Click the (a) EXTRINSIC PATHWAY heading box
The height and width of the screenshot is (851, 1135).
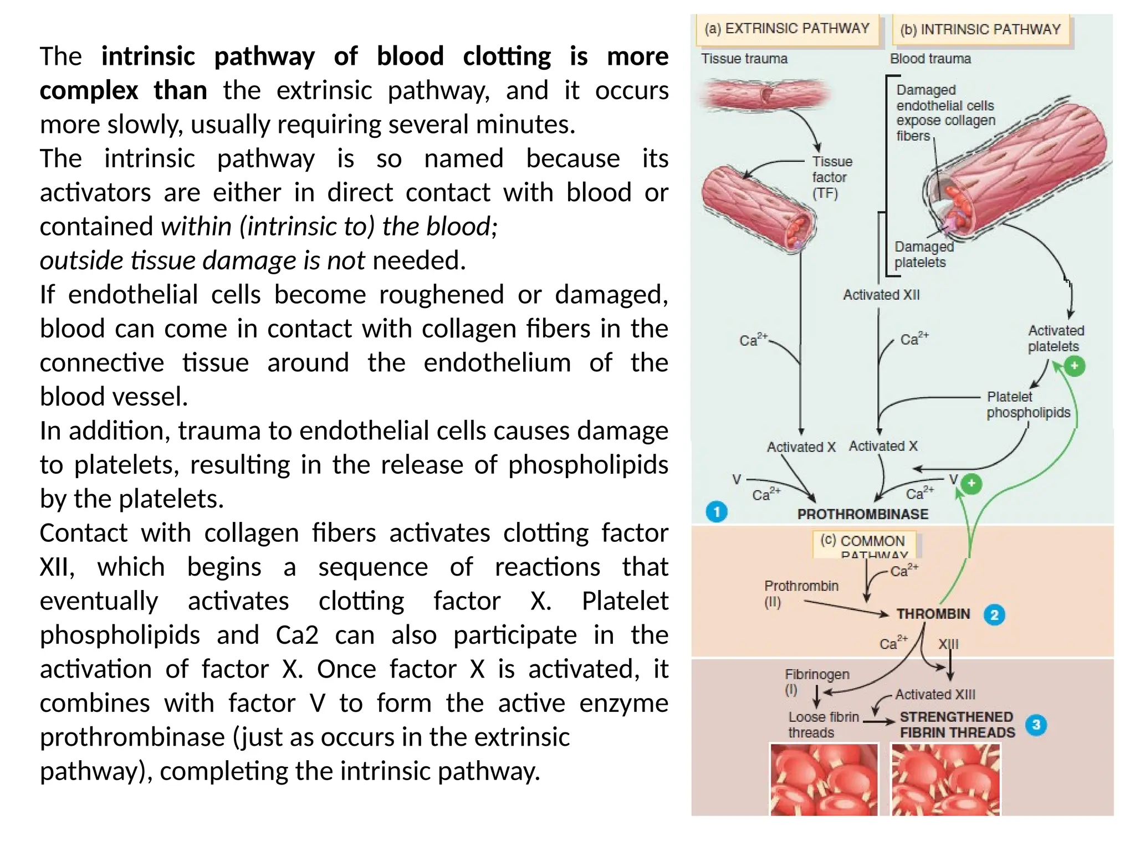pos(786,29)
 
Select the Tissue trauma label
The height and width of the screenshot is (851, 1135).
pos(744,59)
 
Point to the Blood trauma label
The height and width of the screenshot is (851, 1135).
pos(930,59)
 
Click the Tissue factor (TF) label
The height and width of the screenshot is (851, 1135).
pos(831,177)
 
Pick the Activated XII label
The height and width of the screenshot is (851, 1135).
pos(881,295)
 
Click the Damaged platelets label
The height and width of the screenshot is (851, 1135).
pos(923,254)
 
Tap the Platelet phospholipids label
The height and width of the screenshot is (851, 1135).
pos(1027,404)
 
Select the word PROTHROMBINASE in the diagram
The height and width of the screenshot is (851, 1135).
pos(862,514)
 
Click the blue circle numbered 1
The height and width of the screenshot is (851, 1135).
pos(717,511)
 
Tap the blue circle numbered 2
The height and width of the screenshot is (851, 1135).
pos(994,615)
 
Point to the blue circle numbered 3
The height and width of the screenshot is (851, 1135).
pos(1036,725)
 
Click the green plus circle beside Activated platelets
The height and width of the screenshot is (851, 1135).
pos(1075,366)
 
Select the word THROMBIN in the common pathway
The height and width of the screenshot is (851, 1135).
pos(933,614)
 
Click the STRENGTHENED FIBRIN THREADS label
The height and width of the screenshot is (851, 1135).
pos(957,725)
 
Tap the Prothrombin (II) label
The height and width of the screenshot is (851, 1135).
pos(800,593)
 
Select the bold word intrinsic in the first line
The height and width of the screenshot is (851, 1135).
pos(148,57)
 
